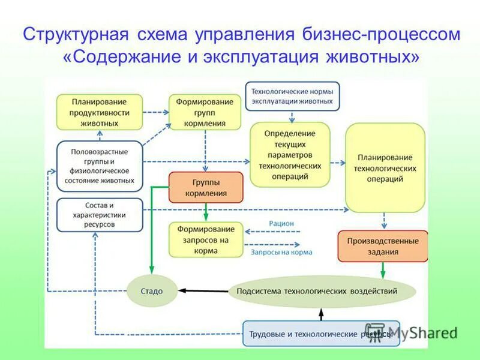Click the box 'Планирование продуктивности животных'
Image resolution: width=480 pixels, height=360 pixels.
(100, 112)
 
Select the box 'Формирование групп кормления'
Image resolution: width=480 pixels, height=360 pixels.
(205, 112)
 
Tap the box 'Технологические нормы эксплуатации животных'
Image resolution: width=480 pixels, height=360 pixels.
(292, 97)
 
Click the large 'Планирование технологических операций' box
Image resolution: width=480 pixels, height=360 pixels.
(385, 167)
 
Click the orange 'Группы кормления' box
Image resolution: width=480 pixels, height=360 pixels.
(206, 187)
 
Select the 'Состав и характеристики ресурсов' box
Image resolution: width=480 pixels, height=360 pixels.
(100, 215)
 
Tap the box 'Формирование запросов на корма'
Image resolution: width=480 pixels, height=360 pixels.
(206, 240)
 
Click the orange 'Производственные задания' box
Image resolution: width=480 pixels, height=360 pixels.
(383, 246)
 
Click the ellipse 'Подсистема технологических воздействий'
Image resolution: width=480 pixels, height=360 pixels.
(322, 291)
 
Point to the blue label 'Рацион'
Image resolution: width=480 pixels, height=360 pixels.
(281, 223)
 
